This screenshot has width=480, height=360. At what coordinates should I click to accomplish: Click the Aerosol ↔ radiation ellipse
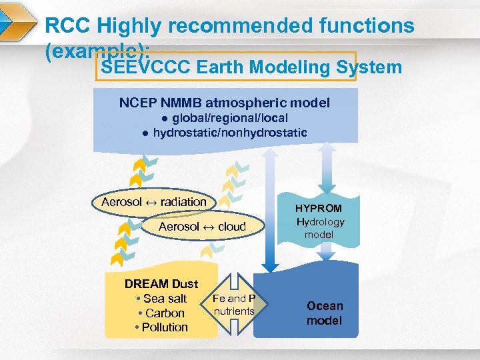tap(154, 202)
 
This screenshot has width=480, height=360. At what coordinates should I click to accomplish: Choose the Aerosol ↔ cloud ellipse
tap(202, 227)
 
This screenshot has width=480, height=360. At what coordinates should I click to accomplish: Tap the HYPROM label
tap(319, 209)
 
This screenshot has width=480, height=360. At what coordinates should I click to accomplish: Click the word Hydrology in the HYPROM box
tap(320, 222)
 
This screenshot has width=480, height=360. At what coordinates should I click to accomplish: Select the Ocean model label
tap(325, 313)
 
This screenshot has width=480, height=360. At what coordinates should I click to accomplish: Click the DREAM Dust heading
tap(161, 284)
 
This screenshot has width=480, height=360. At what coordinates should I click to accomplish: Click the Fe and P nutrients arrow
tap(234, 305)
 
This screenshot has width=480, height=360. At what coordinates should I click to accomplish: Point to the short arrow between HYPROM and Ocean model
tap(326, 251)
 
